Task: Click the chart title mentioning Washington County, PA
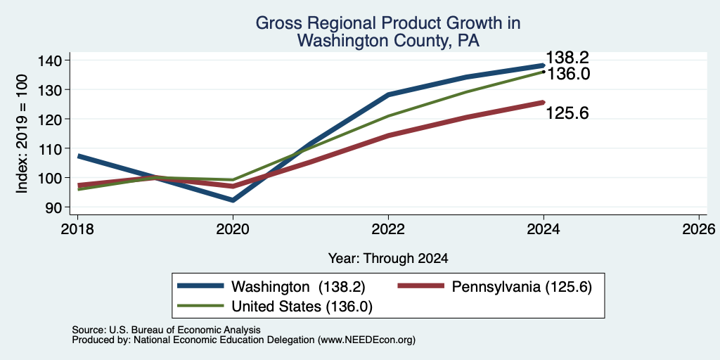click(x=387, y=32)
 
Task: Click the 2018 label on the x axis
click(x=77, y=229)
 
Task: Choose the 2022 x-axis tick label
click(x=388, y=229)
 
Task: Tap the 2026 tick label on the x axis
click(x=699, y=229)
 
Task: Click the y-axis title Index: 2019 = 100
click(x=22, y=134)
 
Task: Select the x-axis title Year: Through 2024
click(x=388, y=259)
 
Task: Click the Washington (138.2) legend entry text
click(x=298, y=287)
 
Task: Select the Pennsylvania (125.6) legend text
click(x=522, y=287)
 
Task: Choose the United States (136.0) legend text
click(x=302, y=307)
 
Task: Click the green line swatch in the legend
click(x=200, y=307)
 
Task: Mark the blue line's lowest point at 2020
click(x=233, y=200)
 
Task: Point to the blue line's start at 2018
click(x=78, y=156)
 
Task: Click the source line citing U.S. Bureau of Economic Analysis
click(x=166, y=330)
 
